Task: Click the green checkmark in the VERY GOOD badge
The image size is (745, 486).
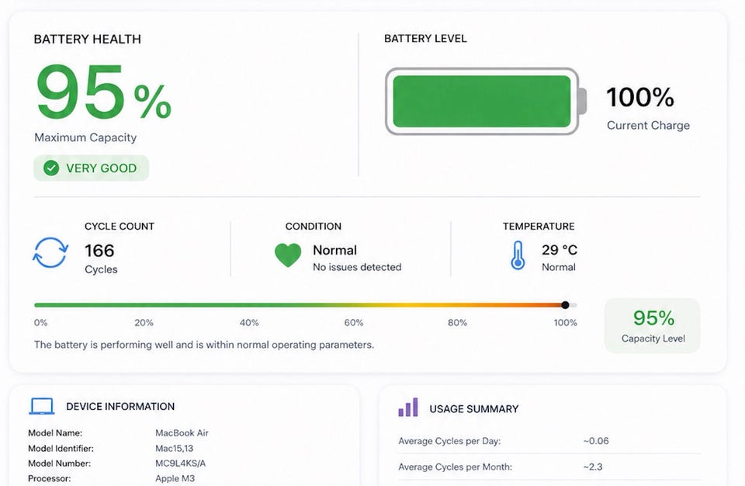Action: coord(51,168)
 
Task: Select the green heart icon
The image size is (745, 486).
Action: coord(288,255)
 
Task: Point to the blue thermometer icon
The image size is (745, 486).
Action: coord(518,255)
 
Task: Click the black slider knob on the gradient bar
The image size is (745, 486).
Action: coord(565,305)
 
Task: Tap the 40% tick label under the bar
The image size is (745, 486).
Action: coord(249,323)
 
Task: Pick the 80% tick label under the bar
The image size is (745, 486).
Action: coord(457,323)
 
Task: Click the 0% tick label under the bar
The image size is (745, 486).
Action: coord(41,323)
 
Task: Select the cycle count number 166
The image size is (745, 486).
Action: coord(99,251)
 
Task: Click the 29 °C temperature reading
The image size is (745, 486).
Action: coord(560,250)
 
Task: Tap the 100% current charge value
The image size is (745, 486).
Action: coord(640,97)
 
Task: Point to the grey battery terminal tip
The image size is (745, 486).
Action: coord(582,101)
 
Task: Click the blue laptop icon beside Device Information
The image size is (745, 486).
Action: coord(42,406)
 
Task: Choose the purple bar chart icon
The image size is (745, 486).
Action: coord(408,408)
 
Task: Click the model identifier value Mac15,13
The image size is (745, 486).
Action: coord(175,449)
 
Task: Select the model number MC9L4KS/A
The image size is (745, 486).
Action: coord(181,463)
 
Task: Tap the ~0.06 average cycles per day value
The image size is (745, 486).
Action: coord(596,441)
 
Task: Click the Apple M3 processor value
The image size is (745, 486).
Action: coord(175,478)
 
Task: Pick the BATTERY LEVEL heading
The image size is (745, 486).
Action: coord(425,39)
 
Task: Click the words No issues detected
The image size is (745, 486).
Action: coord(357,267)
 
